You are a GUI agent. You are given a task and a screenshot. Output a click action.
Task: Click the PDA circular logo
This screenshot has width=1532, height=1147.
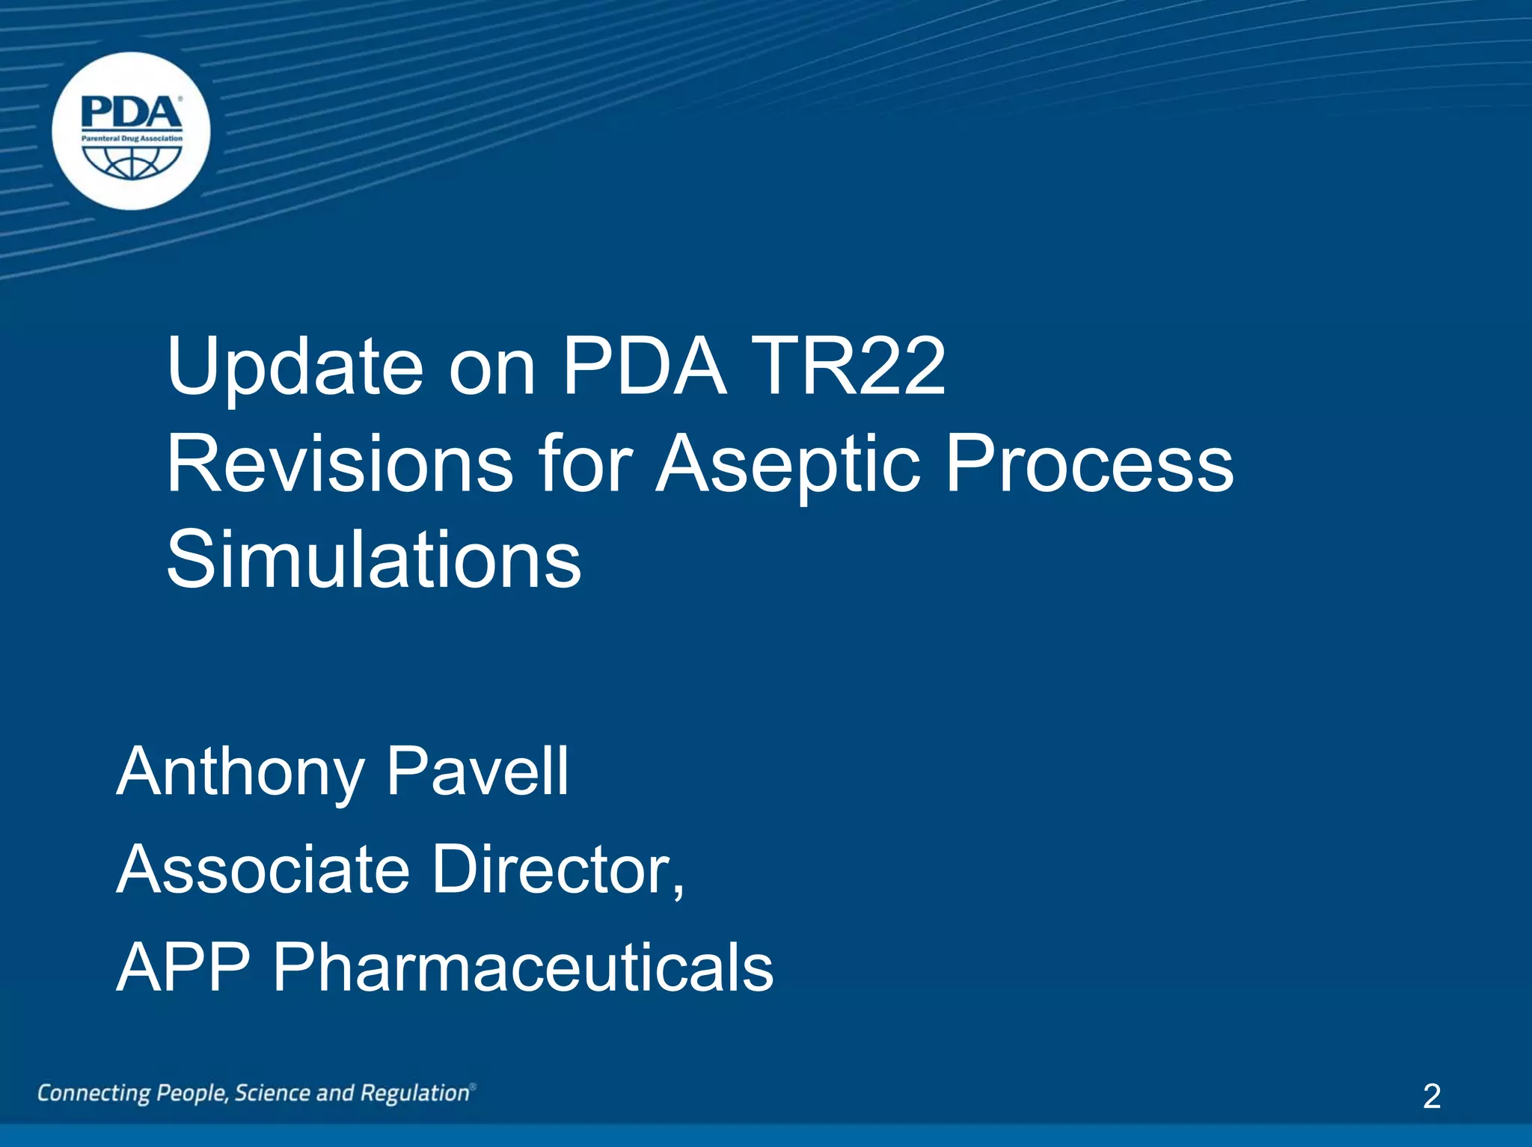point(131,131)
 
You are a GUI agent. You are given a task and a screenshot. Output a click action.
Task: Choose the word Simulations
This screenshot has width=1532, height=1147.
point(373,560)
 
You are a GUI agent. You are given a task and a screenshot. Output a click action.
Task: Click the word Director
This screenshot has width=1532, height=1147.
point(558,869)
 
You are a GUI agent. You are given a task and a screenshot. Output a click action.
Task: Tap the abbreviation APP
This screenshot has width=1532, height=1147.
point(183,967)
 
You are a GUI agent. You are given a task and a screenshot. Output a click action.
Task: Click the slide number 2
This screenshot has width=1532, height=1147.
point(1431,1096)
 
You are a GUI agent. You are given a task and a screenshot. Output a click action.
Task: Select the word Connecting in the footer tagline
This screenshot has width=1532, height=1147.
point(94,1094)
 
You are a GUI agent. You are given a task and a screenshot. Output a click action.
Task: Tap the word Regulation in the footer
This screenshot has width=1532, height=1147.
point(414,1094)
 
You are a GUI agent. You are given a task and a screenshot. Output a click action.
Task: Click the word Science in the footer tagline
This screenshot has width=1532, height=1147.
point(272,1093)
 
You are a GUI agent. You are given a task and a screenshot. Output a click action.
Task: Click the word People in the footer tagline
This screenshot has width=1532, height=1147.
point(192,1094)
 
